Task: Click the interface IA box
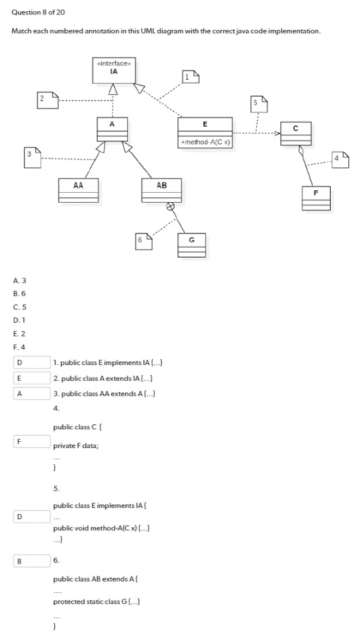[113, 70]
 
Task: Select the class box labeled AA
[78, 190]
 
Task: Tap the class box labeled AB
[162, 190]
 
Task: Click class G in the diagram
[192, 245]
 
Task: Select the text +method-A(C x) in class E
[205, 142]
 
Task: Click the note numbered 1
[190, 77]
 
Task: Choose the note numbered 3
[32, 157]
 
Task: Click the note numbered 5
[259, 104]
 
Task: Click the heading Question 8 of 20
[38, 12]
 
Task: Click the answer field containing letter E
[31, 378]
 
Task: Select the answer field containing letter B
[31, 561]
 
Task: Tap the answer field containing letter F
[31, 441]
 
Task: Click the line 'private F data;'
[76, 446]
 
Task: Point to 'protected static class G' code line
[96, 602]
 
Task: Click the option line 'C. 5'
[19, 306]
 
